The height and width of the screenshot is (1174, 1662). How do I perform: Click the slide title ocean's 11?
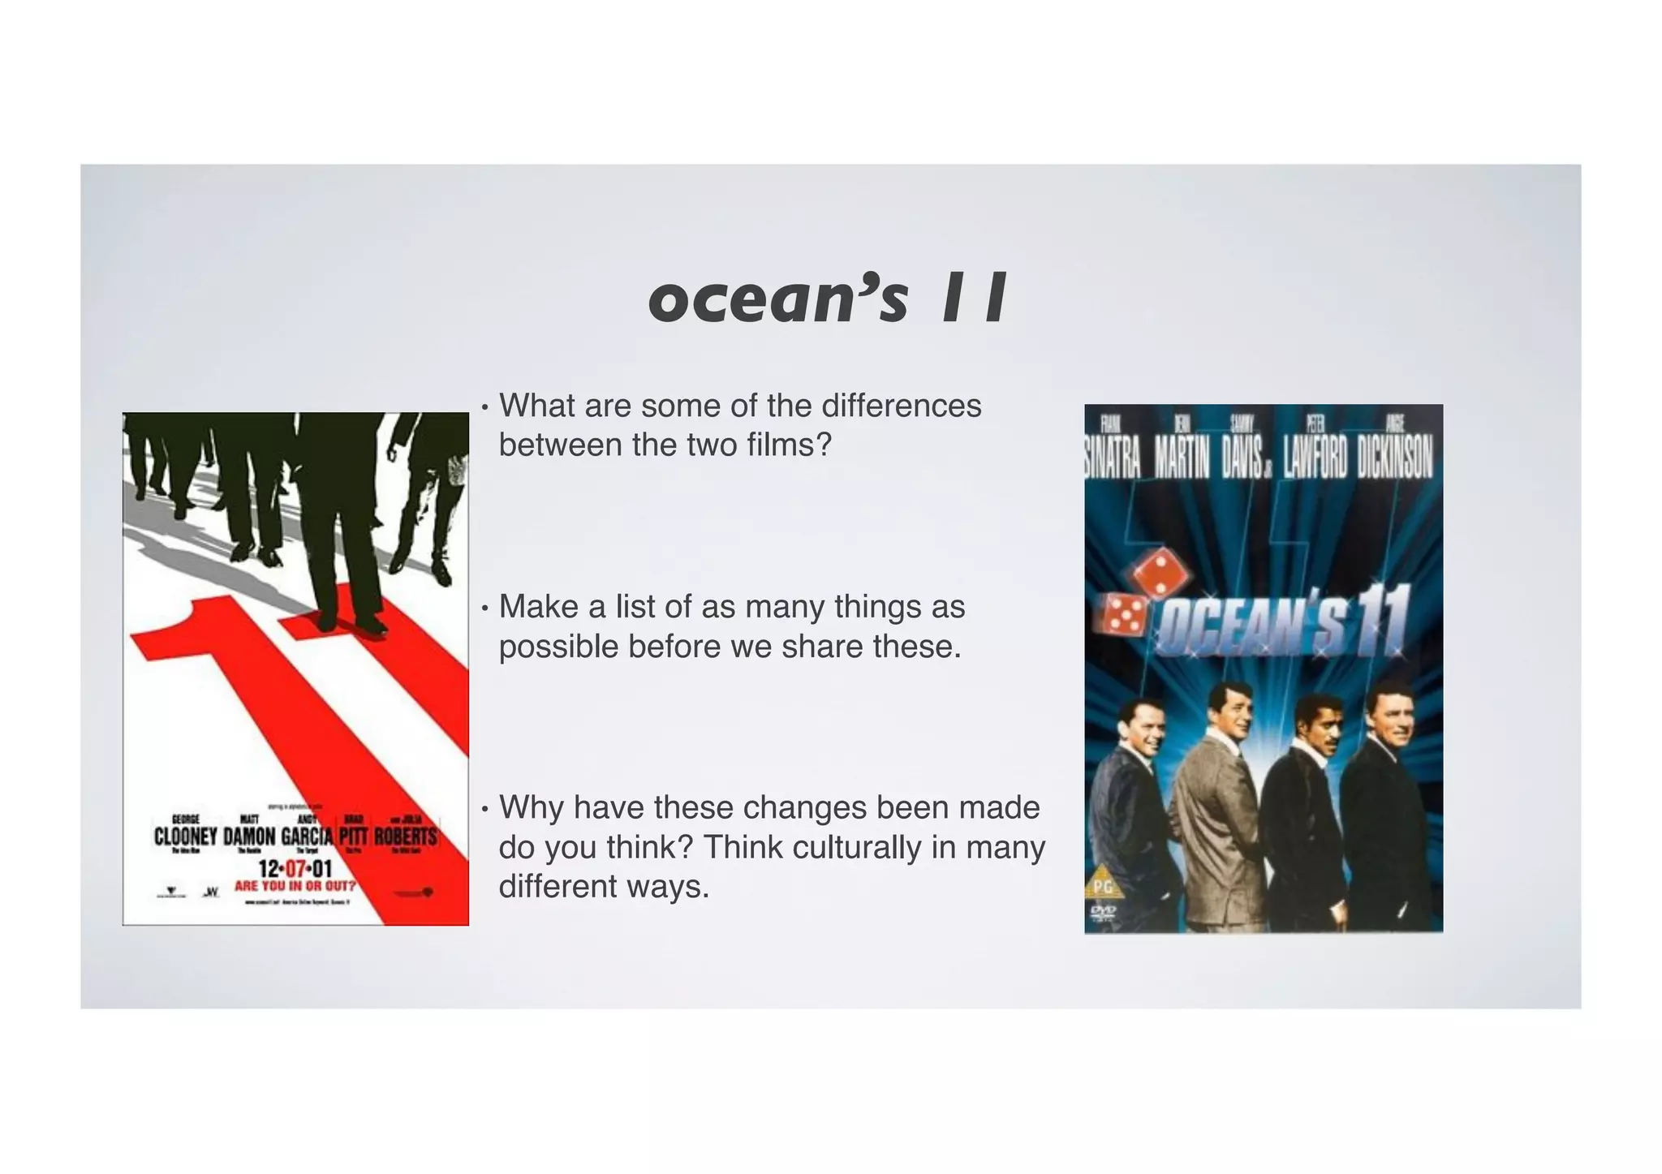pos(828,299)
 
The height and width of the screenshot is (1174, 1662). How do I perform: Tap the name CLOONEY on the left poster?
pos(186,836)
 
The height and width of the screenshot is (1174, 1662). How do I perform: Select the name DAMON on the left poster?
pos(249,836)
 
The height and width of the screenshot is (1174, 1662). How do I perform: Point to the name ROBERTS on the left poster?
pos(405,836)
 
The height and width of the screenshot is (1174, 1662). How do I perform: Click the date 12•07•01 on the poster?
pos(295,871)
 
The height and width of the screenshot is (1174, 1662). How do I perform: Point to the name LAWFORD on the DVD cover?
pos(1315,460)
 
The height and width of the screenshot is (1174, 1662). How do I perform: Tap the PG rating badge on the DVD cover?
pos(1102,887)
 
